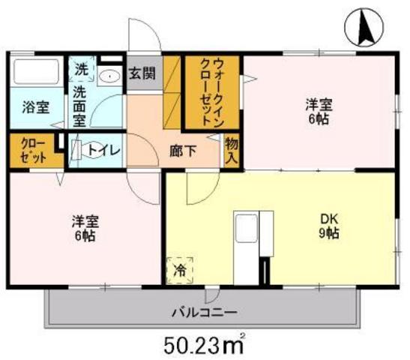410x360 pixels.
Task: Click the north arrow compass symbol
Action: click(367, 28)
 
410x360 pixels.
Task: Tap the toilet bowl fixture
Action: click(79, 149)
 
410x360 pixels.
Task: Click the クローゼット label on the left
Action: click(34, 150)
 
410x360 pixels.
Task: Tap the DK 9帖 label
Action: click(330, 226)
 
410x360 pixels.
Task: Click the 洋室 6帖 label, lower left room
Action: click(83, 227)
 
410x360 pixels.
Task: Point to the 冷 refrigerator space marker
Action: click(180, 267)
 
